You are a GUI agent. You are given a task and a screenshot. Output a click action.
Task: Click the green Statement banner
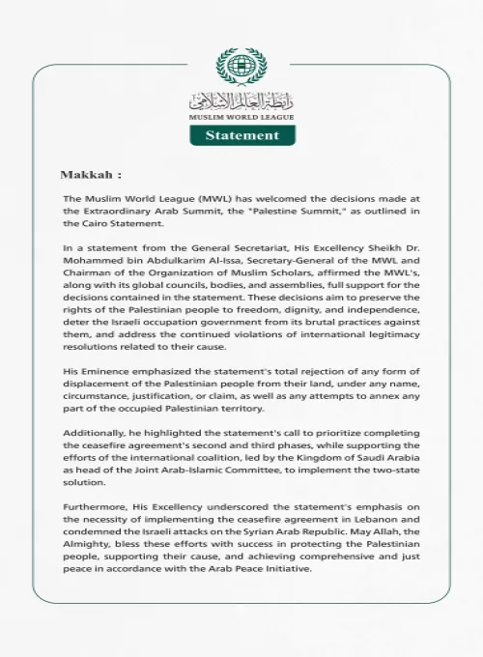(x=241, y=135)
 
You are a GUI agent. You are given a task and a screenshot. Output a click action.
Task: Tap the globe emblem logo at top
(x=241, y=66)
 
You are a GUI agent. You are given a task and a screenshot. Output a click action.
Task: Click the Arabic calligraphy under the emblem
(x=241, y=100)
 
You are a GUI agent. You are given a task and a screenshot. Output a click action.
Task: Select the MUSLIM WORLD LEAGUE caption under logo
(x=241, y=116)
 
